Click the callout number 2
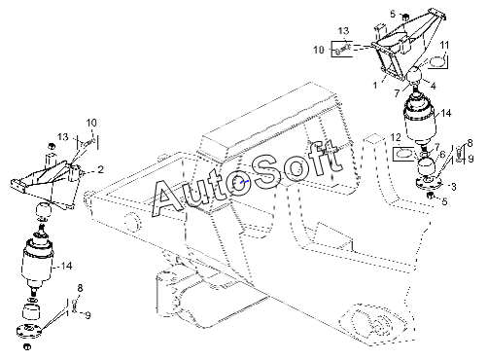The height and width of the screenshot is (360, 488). coord(101,169)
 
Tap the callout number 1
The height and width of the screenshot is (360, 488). coord(375,86)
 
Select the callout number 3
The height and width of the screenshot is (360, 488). coord(454,187)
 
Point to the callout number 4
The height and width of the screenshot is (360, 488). coord(434,86)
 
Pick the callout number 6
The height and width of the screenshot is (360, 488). coord(442,155)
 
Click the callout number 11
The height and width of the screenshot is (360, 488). coord(445,45)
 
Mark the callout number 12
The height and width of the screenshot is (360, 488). coord(396,137)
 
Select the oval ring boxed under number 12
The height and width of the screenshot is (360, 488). coord(402,154)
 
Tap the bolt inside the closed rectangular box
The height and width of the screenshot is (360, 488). coord(343,49)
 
